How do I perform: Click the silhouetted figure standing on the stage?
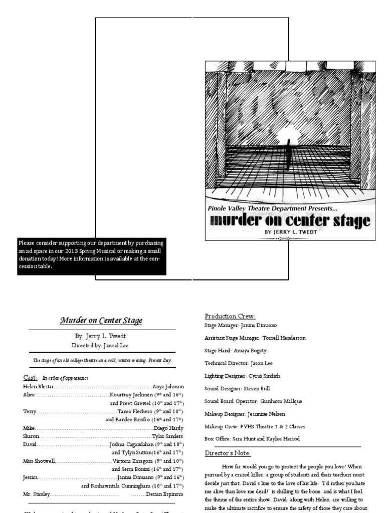coord(288,154)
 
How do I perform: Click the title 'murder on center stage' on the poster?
coord(290,220)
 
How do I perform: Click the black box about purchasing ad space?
coord(91,256)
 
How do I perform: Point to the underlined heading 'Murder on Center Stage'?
coord(101,320)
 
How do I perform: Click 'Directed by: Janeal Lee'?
coord(102,345)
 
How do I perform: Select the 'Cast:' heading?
coord(30,377)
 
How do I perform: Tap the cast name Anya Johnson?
coord(168,387)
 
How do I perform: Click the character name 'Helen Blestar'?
coord(38,387)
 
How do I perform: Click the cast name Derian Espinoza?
coord(165,494)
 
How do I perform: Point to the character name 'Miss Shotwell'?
coord(39,461)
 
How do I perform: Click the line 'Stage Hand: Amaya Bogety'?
coord(235,351)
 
